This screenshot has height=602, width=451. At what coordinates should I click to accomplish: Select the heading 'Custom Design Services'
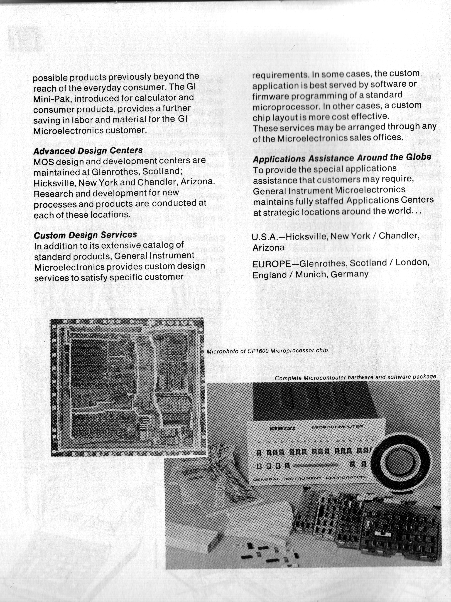(x=85, y=235)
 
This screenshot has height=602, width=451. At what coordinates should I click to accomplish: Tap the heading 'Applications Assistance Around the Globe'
(x=342, y=158)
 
